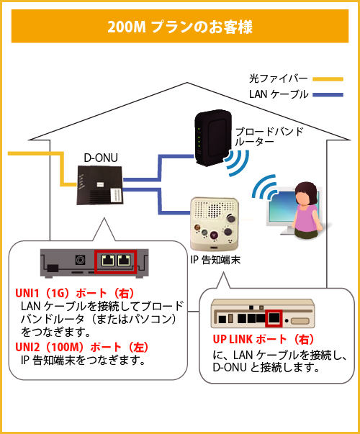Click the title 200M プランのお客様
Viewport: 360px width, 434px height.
tap(179, 27)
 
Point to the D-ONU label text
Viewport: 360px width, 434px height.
tap(99, 157)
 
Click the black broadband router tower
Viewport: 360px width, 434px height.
tap(212, 135)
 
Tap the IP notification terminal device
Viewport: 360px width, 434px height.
tap(214, 220)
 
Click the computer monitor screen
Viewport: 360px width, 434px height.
tap(277, 209)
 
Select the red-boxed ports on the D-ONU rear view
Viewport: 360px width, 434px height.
tap(115, 261)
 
